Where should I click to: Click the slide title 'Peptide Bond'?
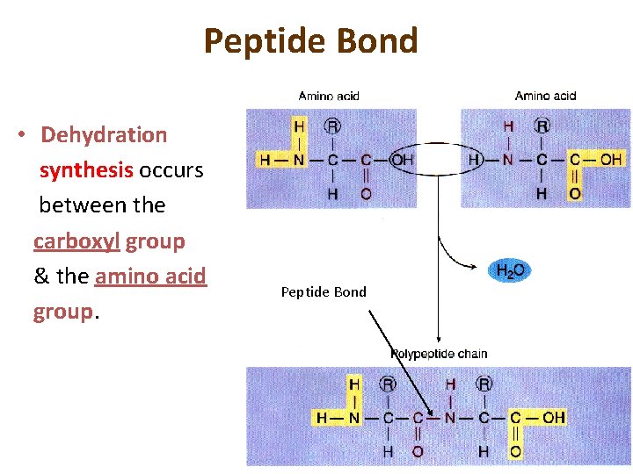310,41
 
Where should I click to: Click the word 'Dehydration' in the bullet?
104,135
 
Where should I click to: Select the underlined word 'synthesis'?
86,170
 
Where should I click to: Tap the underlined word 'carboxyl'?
77,241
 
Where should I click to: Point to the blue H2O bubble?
510,270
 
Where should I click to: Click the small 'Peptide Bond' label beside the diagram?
324,291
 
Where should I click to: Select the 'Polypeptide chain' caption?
439,354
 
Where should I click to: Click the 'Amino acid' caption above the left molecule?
329,96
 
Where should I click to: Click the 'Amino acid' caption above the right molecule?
545,96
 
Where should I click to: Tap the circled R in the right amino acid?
542,126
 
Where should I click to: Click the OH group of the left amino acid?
402,160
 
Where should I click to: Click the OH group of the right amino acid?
611,160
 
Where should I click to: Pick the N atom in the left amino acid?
299,160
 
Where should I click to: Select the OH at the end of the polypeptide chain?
553,417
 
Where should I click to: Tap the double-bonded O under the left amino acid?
366,193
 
